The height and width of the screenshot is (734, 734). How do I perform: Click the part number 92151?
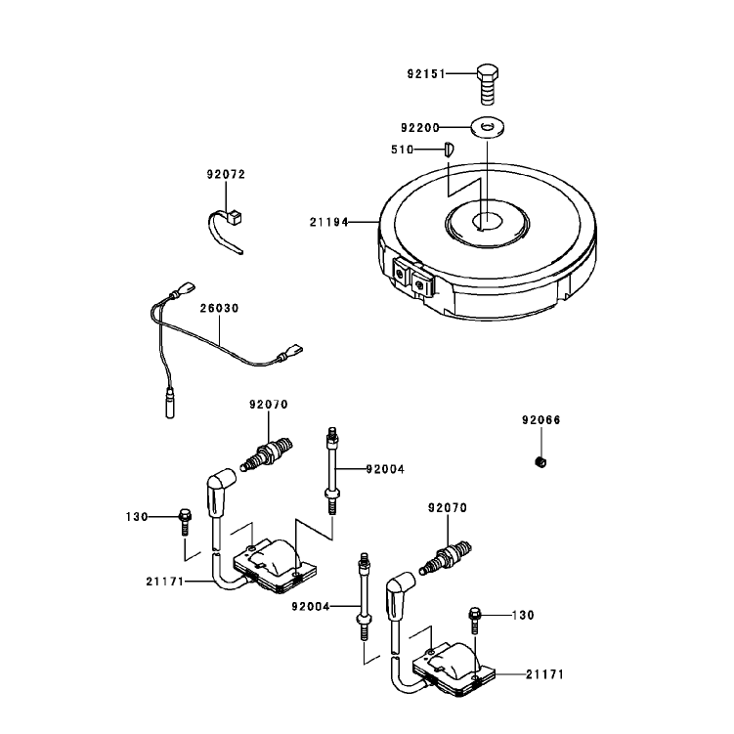(426, 74)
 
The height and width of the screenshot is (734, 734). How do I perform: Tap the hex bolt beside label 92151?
(488, 85)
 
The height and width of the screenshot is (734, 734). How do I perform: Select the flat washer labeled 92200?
(488, 127)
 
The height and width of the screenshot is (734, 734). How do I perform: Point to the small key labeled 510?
(450, 150)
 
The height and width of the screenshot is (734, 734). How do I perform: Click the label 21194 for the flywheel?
(329, 223)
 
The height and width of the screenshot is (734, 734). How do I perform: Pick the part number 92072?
(226, 175)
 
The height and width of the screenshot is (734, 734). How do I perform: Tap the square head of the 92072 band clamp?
(235, 218)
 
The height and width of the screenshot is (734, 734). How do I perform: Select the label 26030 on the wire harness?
(220, 309)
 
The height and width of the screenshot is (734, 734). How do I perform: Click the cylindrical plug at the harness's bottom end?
(170, 403)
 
